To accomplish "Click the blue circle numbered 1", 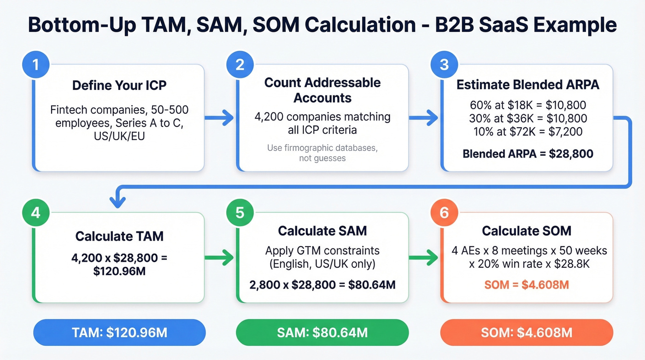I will click(35, 64).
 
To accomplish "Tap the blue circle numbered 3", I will click(444, 64).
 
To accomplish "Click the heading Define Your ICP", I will click(119, 86).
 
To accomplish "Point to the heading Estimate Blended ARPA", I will click(528, 85).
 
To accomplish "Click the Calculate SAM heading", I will click(322, 230).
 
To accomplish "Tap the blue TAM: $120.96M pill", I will click(119, 332).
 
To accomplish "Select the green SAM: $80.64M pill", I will click(322, 332).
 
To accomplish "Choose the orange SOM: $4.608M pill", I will click(527, 332).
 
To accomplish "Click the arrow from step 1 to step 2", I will click(220, 118).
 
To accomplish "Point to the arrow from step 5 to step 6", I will click(424, 258).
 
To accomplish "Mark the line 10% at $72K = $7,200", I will click(528, 132).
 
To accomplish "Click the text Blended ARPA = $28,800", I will click(528, 153).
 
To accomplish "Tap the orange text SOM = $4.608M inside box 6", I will click(527, 284).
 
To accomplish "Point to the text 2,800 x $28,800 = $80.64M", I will click(322, 284).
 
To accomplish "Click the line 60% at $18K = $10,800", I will click(528, 105).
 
